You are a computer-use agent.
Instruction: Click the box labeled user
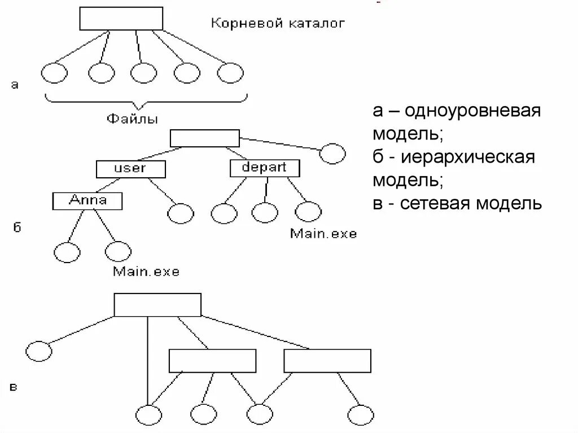tap(130, 168)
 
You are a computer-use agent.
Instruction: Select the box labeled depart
tap(265, 168)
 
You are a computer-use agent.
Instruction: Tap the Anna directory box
tap(87, 200)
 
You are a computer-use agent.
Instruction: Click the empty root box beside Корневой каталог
tap(121, 19)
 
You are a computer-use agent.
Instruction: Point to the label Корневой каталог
tap(277, 24)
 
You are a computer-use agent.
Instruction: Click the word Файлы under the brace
tap(132, 119)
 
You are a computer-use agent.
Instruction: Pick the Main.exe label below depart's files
tap(323, 233)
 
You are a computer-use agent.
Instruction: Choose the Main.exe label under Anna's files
tap(146, 272)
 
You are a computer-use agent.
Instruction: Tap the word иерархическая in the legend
tap(468, 157)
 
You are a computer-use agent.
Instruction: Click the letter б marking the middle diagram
tap(16, 228)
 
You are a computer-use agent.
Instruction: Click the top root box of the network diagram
tap(157, 305)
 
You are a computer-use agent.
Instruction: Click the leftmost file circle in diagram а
tap(54, 73)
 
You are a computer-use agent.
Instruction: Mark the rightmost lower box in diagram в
tap(327, 361)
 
